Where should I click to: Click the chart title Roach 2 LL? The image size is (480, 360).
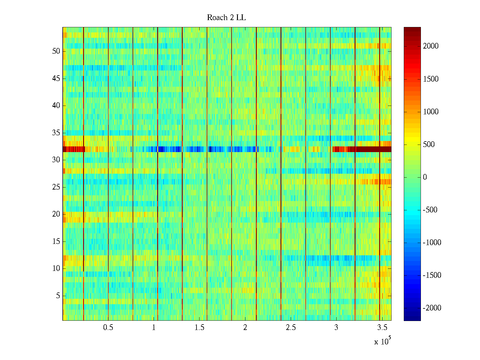coord(226,18)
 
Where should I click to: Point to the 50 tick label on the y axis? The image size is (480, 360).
coord(56,51)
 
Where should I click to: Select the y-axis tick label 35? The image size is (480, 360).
coord(56,133)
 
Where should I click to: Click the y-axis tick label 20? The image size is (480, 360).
coord(56,214)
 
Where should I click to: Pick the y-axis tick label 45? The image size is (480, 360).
coord(56,79)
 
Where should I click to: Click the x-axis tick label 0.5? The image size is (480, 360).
coord(108,328)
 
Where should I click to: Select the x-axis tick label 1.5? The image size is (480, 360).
coord(199,328)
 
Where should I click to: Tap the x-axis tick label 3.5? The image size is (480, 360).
coord(382,328)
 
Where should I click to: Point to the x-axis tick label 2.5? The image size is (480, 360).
coord(291,328)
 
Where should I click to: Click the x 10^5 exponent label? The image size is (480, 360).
coord(382,341)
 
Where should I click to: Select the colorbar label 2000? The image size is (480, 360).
coord(430,46)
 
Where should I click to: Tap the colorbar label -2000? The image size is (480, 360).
coord(432,308)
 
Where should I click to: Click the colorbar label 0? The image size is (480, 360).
coord(425,177)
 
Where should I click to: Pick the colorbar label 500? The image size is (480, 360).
coord(429,145)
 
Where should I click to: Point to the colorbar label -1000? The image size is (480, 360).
coord(432,243)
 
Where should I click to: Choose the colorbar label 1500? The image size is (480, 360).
coord(430,79)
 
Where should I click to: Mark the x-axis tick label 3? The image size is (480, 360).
coord(336,328)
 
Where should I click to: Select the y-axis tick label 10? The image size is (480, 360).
coord(56,268)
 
